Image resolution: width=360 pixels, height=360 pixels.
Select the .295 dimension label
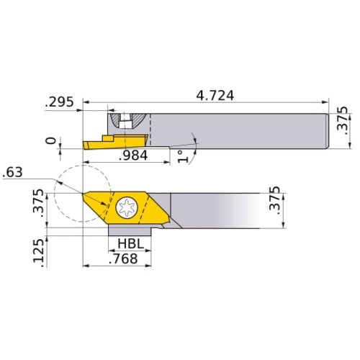59,102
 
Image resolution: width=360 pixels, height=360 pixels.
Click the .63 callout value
13,171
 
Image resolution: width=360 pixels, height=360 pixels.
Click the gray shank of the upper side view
238,130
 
